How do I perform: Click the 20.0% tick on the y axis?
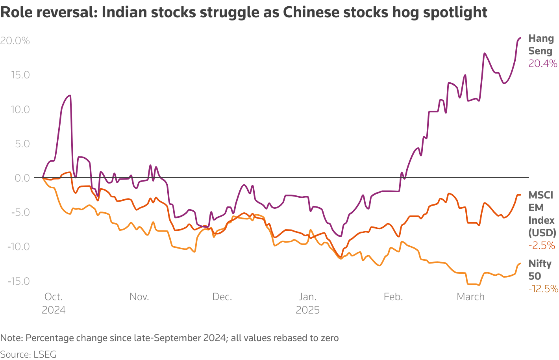15,41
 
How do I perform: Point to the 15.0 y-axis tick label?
20,75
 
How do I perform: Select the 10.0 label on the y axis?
20,109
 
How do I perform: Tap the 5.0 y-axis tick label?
22,144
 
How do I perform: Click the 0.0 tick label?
22,178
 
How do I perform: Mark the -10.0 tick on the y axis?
19,247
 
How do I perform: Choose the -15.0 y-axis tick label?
19,281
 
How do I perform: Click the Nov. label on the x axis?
139,297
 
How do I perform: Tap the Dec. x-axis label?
222,297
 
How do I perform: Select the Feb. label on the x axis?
393,297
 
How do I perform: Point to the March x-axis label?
470,297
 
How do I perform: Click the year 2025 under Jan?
307,310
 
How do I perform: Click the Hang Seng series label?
541,45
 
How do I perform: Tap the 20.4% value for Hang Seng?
542,63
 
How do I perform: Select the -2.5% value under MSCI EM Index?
542,246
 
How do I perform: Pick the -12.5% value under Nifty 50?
543,289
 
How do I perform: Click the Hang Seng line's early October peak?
70,95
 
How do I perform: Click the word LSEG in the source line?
45,354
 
